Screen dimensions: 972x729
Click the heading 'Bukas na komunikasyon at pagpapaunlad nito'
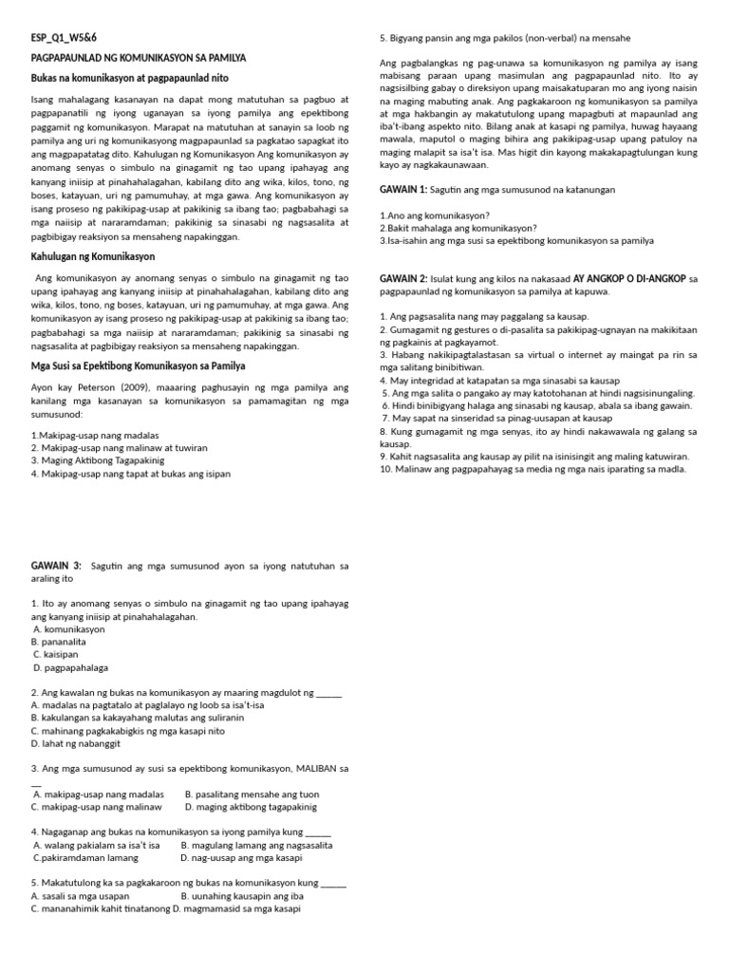point(129,77)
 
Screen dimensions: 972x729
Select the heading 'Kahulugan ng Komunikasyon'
point(93,256)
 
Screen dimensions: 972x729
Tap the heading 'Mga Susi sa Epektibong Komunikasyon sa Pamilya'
point(138,365)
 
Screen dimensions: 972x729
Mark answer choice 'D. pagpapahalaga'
point(71,668)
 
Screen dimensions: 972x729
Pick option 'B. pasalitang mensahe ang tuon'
point(252,794)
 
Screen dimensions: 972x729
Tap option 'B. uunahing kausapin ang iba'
point(242,895)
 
